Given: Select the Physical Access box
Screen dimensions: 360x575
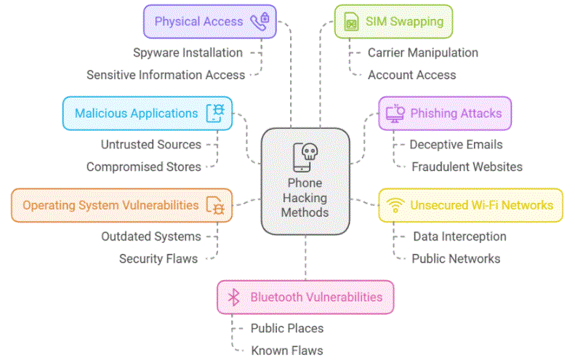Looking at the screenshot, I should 209,22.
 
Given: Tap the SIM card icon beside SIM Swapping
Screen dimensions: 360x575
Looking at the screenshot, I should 352,22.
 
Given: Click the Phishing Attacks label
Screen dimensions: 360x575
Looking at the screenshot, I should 456,113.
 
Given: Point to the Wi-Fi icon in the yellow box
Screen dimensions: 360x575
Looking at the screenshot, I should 395,205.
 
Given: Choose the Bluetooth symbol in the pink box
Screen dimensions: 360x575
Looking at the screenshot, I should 233,297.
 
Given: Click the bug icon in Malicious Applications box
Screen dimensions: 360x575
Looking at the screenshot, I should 216,113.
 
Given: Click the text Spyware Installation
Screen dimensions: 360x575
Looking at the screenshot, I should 188,52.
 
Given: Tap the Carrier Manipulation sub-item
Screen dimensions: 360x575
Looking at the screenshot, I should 422,52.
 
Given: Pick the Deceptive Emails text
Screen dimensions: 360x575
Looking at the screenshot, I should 456,145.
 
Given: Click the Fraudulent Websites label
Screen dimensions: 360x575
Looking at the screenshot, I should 467,167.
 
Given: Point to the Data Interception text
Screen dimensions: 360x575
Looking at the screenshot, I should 459,236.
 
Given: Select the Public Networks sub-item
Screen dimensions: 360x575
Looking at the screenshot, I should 456,258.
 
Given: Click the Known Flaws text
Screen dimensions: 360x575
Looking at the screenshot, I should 286,350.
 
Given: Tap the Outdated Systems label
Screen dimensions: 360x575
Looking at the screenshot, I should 150,236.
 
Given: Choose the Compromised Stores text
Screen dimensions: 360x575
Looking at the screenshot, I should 143,167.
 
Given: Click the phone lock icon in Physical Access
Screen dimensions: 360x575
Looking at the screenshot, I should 259,22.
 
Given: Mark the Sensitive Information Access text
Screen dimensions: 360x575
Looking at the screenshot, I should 166,74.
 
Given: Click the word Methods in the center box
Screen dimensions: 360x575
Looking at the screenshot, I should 305,212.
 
